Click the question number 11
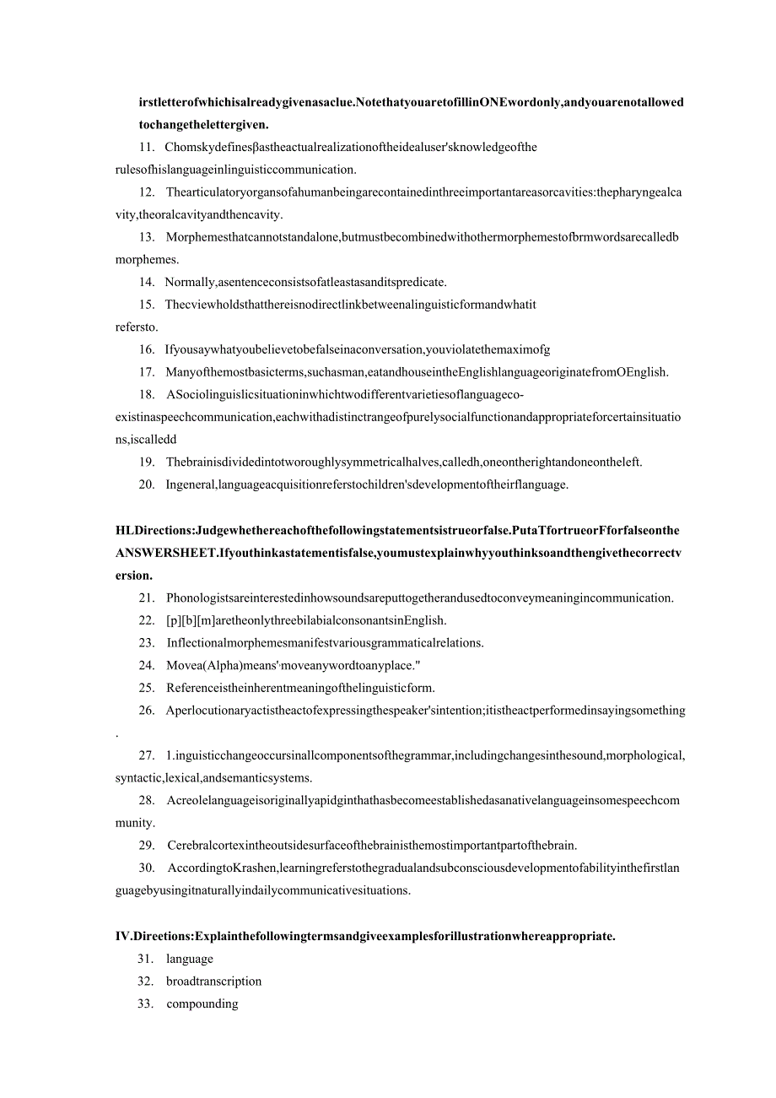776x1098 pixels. coord(145,148)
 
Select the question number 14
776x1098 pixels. coord(145,283)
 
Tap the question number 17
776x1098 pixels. coord(145,372)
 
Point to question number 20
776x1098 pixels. coord(146,484)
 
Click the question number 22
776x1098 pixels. coord(146,620)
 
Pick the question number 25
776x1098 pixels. coord(146,688)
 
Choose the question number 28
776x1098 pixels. coord(146,800)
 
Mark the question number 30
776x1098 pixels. coord(146,868)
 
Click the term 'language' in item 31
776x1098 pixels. coord(190,959)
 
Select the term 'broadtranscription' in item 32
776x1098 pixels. coord(214,982)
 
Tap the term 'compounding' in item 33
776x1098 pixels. coord(202,1004)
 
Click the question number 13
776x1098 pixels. coord(145,237)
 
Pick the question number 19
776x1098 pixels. coord(146,462)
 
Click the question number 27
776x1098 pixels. coord(146,755)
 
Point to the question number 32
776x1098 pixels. coord(146,982)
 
